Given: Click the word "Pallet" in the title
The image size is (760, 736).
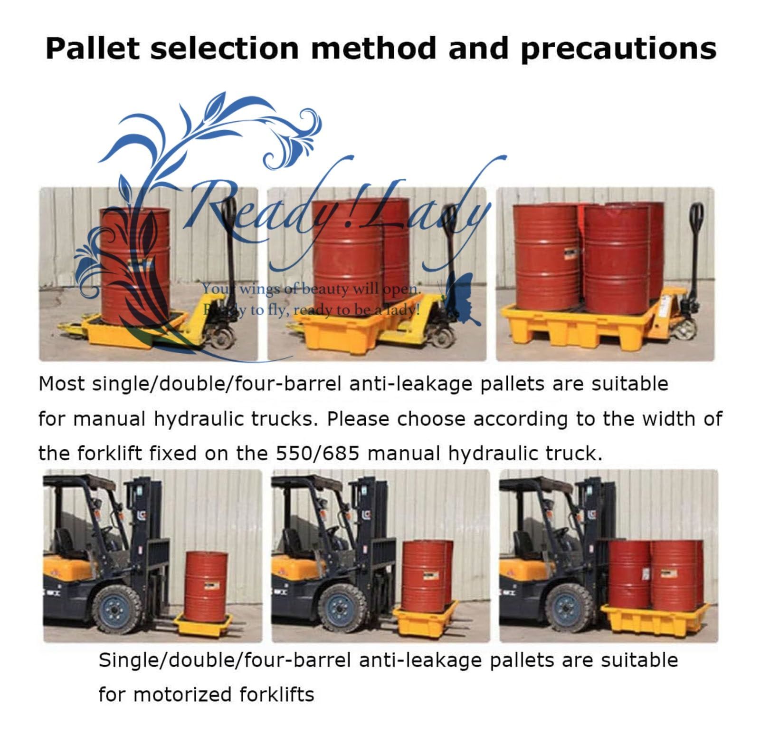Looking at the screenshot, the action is click(93, 48).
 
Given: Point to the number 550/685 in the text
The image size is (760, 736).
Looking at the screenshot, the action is click(318, 453).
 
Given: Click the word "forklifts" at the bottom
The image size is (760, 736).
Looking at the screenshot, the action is click(276, 695).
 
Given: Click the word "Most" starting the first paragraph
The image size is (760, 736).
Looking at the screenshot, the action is click(62, 384).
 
